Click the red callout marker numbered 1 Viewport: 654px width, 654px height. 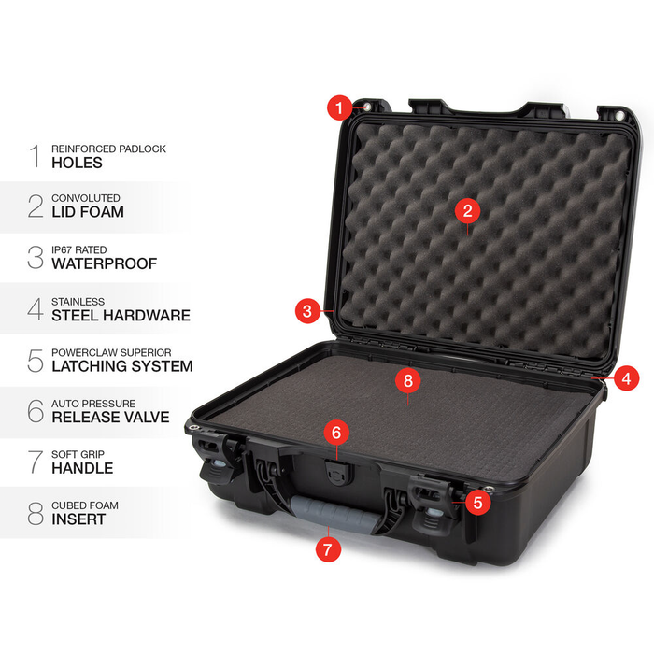click(340, 108)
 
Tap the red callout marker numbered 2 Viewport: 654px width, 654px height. click(467, 211)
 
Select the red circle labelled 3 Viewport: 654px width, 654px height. click(307, 312)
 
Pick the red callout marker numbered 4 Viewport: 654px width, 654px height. click(627, 379)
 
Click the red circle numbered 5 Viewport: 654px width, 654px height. click(477, 502)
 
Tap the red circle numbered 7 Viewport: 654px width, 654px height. click(327, 549)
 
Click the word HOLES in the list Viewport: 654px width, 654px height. click(77, 163)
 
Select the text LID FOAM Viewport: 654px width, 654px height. click(88, 213)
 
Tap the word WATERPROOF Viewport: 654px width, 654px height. click(104, 264)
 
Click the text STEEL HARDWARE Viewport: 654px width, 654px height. click(121, 316)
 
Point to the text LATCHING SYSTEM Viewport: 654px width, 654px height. click(122, 366)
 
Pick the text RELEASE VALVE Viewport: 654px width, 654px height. click(110, 418)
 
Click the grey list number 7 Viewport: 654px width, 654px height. click(35, 462)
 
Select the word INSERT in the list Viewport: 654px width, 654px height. click(78, 519)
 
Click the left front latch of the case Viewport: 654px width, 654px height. click(213, 458)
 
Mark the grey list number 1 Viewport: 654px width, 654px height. click(35, 156)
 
